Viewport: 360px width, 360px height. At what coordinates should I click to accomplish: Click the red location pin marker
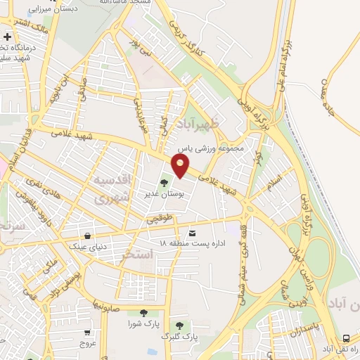[181, 166]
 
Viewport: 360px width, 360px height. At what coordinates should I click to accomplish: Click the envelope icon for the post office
[192, 233]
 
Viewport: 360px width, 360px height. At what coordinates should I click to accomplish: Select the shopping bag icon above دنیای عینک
[86, 236]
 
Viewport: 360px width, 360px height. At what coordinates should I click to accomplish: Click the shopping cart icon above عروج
[86, 333]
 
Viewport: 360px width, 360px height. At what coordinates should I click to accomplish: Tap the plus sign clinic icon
[7, 37]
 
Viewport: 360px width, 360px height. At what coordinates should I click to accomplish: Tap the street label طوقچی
[160, 220]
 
